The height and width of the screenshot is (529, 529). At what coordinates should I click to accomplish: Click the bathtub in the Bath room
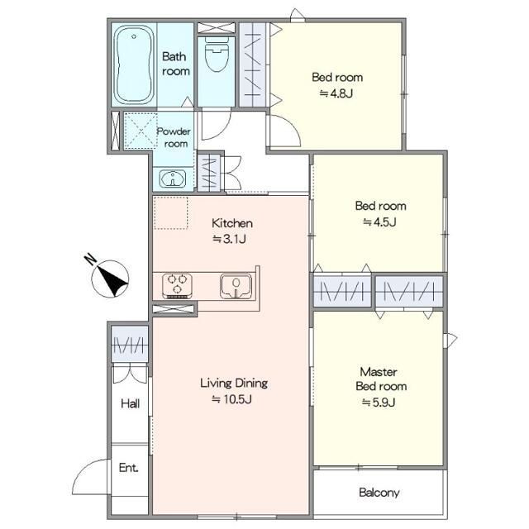pos(134,64)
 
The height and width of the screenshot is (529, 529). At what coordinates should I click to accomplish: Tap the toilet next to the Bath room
pos(216,54)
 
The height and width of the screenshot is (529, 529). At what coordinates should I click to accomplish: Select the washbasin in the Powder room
pos(173,179)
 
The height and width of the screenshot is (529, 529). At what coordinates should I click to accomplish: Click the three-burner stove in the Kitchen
pos(178,286)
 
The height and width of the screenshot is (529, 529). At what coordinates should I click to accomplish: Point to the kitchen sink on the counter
pos(236,286)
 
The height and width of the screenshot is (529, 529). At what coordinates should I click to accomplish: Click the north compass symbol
pos(110,279)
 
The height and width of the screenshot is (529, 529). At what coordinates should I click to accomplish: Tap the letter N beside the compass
pos(90,259)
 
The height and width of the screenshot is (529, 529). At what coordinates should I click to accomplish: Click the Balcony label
pos(379,493)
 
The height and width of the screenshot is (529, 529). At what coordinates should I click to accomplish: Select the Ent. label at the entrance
pos(129,468)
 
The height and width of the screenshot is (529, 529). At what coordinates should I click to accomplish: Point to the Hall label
pos(131,403)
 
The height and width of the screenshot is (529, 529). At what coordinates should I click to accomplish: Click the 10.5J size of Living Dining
pos(232,399)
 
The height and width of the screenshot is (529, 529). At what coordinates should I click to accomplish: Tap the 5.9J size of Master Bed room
pos(379,403)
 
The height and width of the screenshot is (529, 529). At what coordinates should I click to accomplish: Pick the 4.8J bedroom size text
pos(336,93)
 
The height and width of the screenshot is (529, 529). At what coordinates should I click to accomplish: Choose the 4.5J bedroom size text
pos(379,222)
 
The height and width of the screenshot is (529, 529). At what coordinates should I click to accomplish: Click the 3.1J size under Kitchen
pos(229,239)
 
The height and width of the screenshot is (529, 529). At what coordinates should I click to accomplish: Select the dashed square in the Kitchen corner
pos(171,213)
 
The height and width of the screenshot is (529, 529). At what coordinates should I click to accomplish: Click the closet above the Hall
pos(130,344)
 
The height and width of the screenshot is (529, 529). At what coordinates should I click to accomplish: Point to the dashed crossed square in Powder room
pos(141,131)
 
